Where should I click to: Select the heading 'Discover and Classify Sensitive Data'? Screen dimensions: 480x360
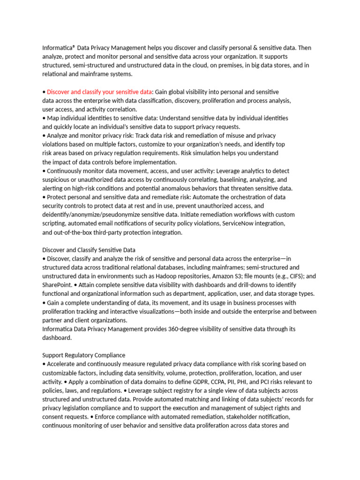89,250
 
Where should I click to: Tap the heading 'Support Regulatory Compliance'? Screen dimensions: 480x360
83,355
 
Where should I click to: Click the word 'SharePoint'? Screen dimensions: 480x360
57,285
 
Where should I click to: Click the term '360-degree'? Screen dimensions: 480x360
183,329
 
